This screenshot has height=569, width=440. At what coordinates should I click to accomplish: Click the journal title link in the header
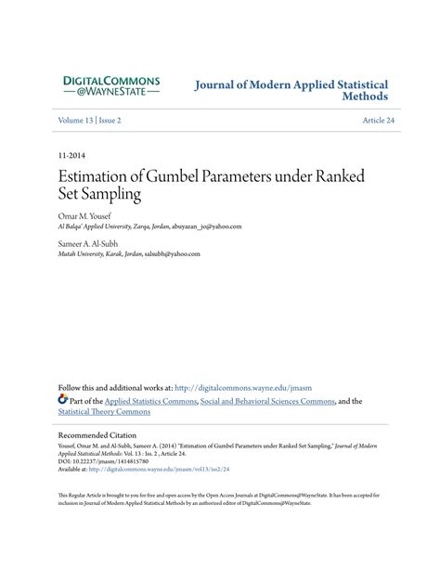(x=291, y=90)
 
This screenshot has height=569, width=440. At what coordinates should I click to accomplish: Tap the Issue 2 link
(x=110, y=121)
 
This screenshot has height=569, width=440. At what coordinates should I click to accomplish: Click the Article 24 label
(x=378, y=121)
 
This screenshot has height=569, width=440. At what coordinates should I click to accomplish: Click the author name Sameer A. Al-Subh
(x=90, y=243)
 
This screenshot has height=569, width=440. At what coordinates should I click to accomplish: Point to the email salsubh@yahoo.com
(x=169, y=253)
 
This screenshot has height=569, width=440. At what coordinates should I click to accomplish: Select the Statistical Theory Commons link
(x=104, y=412)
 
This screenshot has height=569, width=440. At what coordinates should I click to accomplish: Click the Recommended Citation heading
(x=97, y=434)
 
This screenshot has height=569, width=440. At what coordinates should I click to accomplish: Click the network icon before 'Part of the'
(x=63, y=401)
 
